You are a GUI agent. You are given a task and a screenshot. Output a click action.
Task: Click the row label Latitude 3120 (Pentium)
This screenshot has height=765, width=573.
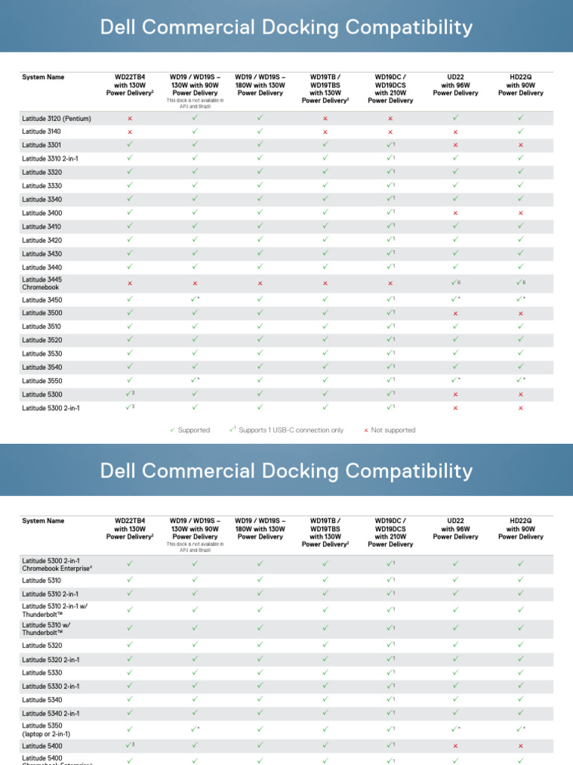[57, 118]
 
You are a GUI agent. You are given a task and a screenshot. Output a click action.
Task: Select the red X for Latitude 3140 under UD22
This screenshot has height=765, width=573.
[455, 131]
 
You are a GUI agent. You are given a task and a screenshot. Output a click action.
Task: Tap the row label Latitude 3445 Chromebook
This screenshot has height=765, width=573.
[43, 283]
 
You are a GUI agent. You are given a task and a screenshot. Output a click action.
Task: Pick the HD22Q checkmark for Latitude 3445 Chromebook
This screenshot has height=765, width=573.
[520, 283]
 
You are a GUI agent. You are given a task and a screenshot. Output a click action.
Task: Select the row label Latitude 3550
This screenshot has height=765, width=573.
[43, 381]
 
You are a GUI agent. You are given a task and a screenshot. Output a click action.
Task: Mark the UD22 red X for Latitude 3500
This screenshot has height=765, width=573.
[455, 313]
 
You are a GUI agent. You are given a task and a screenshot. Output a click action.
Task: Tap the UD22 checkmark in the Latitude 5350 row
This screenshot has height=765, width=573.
[455, 729]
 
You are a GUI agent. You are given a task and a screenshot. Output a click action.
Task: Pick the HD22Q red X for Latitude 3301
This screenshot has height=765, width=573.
[521, 145]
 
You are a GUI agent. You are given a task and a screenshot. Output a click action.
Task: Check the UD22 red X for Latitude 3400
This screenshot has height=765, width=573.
[455, 213]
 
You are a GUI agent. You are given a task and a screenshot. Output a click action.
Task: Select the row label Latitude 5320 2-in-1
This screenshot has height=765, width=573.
[51, 660]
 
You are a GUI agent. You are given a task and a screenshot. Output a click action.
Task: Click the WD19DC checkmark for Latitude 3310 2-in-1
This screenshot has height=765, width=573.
[389, 158]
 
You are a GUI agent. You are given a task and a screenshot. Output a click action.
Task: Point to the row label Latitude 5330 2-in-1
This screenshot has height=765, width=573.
[51, 687]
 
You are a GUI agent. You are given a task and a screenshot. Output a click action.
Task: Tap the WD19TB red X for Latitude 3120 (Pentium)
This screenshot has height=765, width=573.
[325, 118]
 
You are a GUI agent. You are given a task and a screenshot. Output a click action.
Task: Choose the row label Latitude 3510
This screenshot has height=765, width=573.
[43, 326]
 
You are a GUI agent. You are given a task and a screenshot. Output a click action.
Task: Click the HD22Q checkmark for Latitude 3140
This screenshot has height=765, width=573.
[521, 131]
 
